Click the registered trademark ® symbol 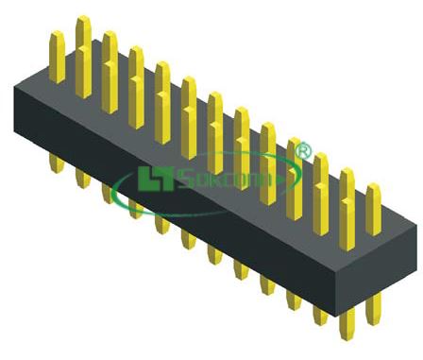pos(303,150)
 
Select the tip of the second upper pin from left pos(84,21)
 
